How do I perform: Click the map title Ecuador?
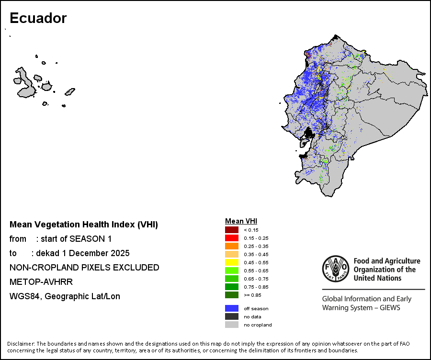tap(38, 18)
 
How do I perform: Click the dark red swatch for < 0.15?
tap(232, 230)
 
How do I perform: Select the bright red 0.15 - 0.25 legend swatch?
tap(232, 238)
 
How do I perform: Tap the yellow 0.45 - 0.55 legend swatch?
tap(232, 262)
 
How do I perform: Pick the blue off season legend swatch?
tap(232, 308)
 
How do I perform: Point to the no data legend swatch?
tap(232, 316)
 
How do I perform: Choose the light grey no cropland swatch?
tap(232, 325)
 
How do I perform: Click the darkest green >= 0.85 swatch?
tap(232, 295)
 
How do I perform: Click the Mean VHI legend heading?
tap(241, 221)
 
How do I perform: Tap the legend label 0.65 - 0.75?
tap(254, 279)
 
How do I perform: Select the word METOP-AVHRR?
tap(41, 282)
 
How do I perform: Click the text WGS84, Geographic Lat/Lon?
tap(65, 296)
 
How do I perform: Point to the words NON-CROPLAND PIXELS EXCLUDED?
tap(84, 268)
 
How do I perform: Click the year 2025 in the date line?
tap(120, 253)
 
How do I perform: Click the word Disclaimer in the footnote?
tap(21, 344)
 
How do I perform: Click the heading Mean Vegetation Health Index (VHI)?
tap(84, 225)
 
